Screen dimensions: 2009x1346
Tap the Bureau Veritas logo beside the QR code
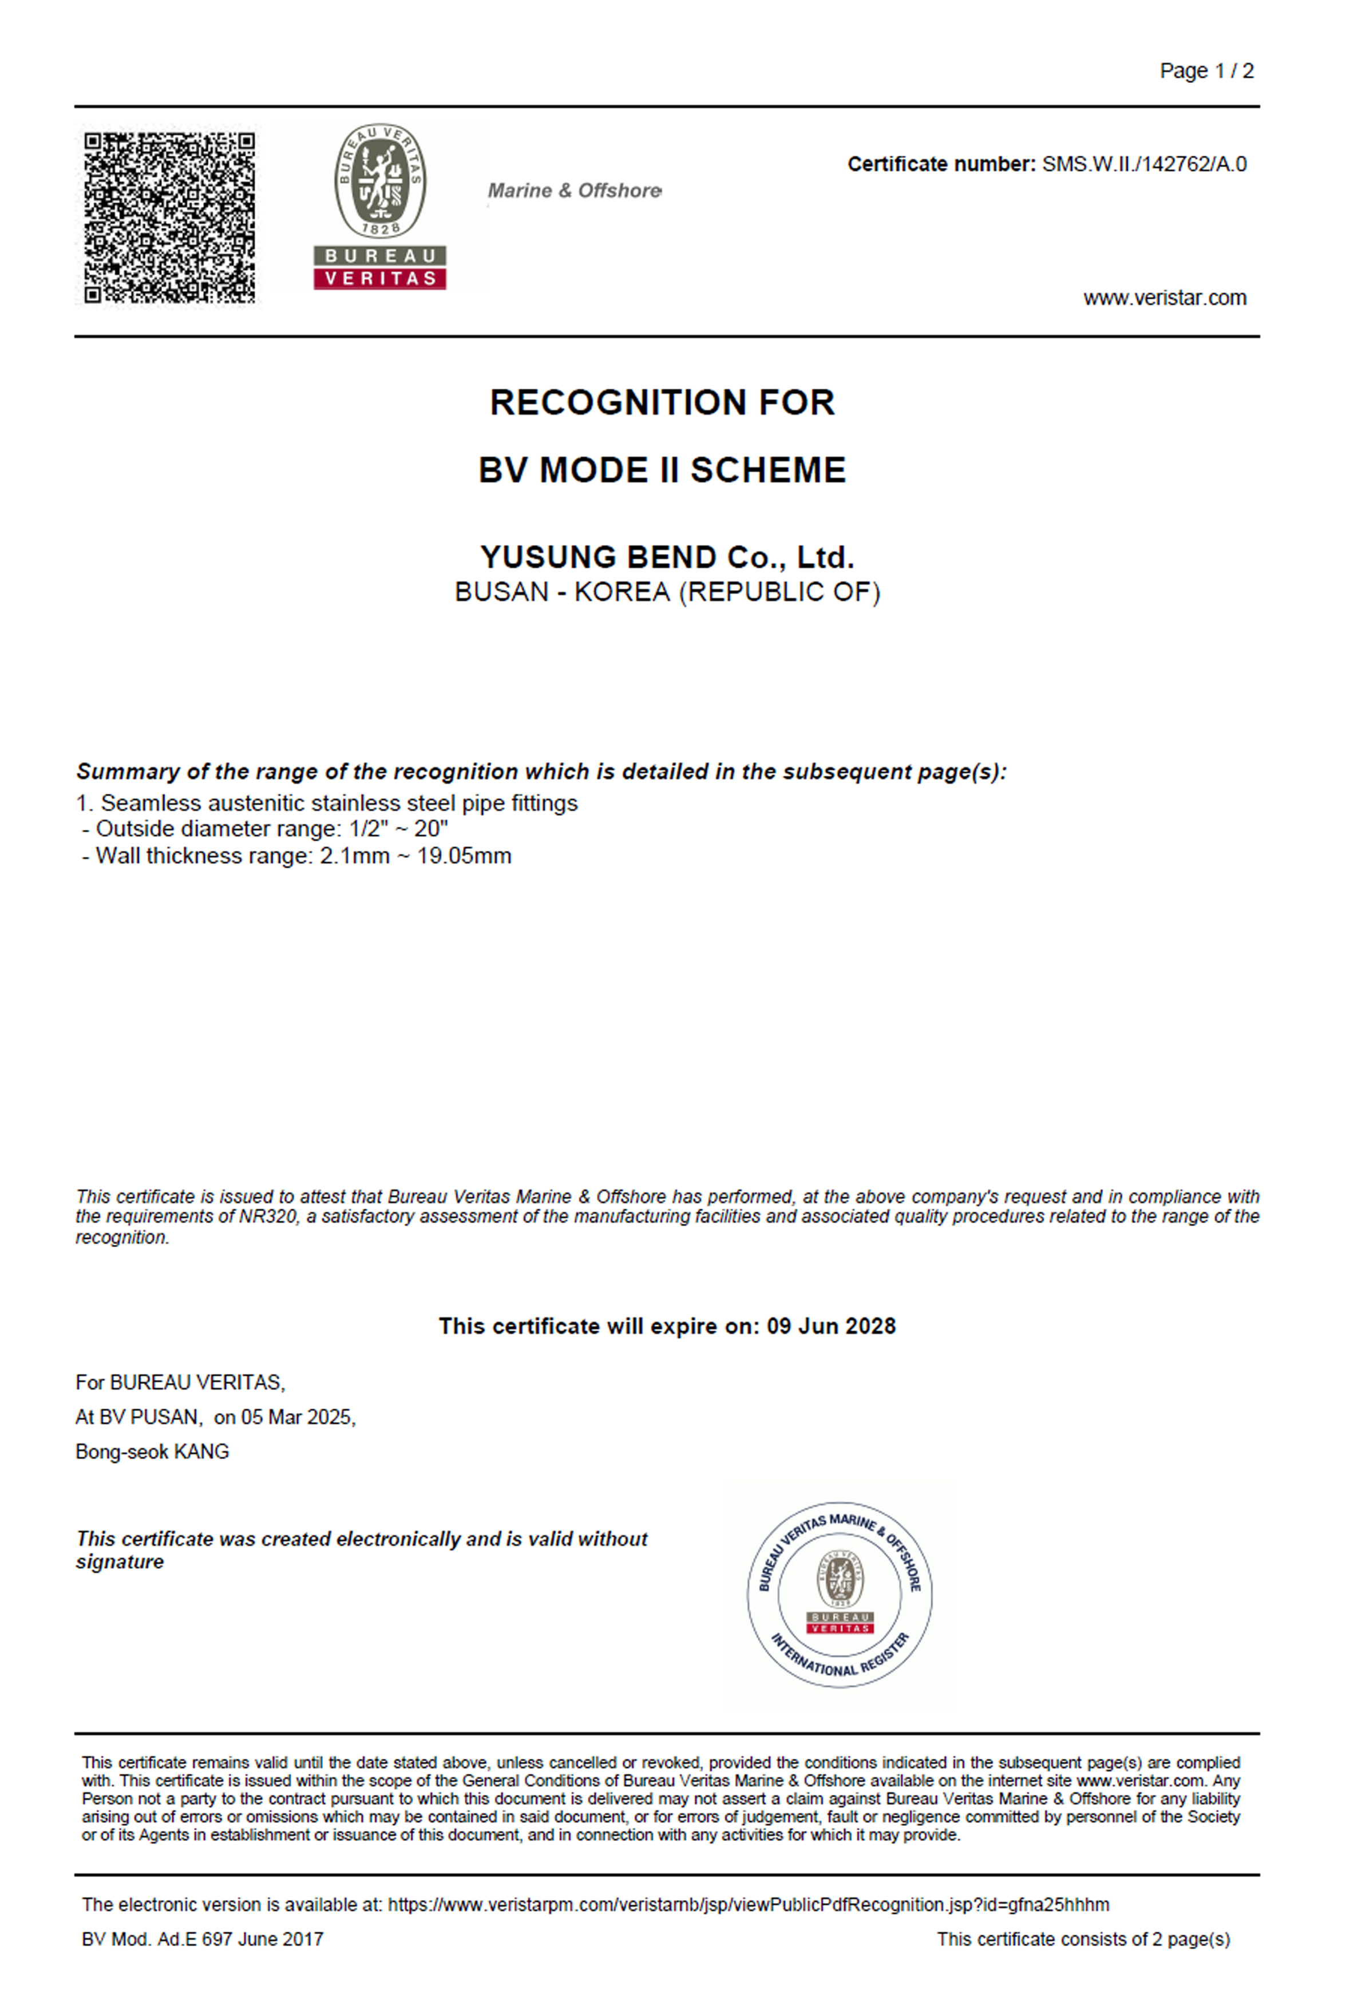point(379,206)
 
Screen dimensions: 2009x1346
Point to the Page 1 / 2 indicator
point(1206,71)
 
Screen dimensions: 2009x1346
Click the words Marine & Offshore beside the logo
point(575,191)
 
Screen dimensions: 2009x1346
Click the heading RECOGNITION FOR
point(662,403)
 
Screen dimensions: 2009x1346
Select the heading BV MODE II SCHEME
point(662,470)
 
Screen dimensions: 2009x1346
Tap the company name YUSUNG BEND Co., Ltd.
point(667,557)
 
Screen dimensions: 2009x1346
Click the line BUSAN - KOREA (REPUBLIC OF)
point(667,592)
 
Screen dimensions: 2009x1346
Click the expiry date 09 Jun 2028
point(831,1327)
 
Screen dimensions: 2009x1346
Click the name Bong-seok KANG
point(152,1452)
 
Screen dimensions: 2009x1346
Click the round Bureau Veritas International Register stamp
point(839,1596)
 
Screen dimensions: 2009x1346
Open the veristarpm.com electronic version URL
point(747,1905)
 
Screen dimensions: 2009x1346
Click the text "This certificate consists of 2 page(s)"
point(1083,1939)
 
